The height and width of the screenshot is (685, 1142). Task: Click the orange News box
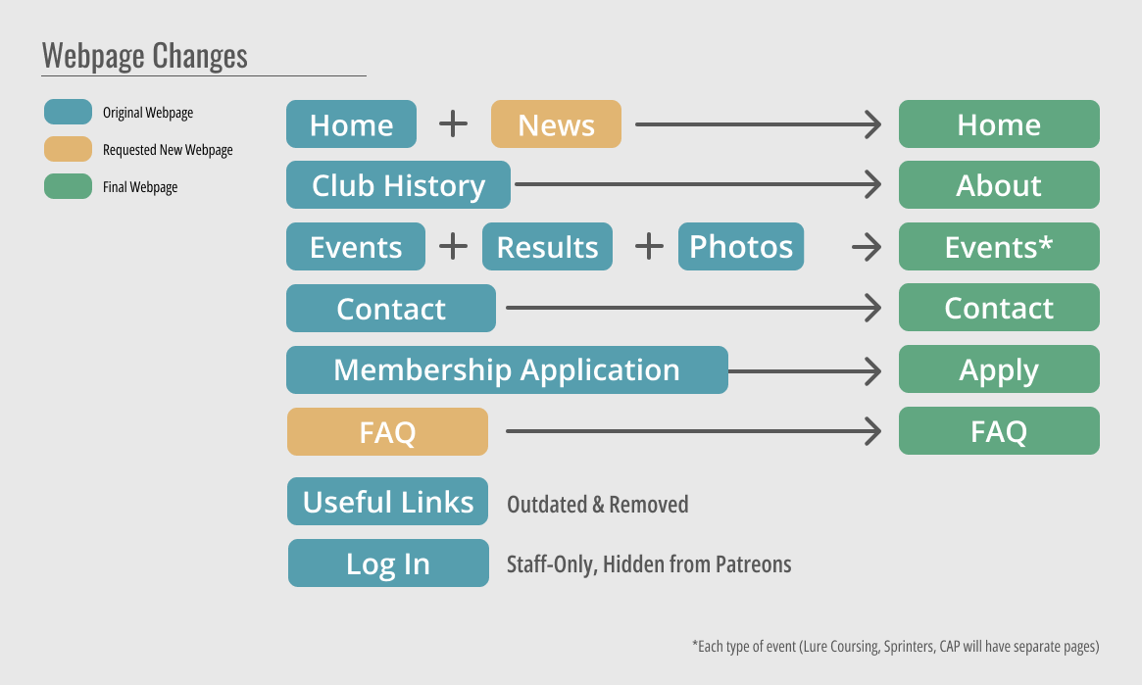[x=556, y=123]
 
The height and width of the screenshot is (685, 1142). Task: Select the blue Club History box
[x=398, y=185]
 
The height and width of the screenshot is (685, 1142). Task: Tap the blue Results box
[x=547, y=246]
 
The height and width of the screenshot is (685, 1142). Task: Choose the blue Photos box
[x=741, y=246]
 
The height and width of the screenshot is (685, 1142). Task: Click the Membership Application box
[x=507, y=369]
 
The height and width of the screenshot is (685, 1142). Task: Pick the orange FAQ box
[x=387, y=431]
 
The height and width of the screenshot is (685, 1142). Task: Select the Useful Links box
[x=387, y=502]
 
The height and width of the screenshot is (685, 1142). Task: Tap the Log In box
[x=388, y=563]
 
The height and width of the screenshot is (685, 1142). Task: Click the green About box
[x=999, y=185]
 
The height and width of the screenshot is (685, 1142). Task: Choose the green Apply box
[x=999, y=369]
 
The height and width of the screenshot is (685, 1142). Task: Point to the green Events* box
[x=999, y=246]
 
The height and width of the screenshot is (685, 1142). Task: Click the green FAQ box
[x=999, y=431]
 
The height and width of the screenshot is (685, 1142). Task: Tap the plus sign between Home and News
[x=453, y=123]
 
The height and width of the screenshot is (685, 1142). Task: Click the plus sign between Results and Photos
[x=649, y=246]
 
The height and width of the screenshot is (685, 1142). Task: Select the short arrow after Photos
[x=867, y=247]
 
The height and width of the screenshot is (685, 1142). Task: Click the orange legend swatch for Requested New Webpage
[x=68, y=149]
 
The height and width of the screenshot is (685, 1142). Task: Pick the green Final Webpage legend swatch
[x=68, y=186]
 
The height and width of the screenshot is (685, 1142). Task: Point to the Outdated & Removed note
[x=597, y=504]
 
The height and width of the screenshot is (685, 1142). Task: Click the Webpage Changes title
[x=144, y=55]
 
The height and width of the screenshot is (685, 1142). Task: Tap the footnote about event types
[x=895, y=647]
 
